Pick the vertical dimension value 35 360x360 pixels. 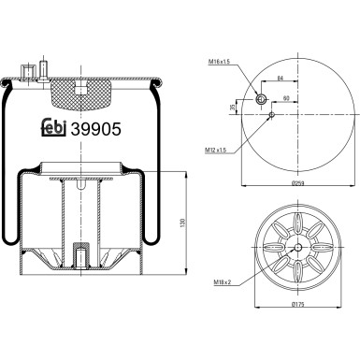(232, 107)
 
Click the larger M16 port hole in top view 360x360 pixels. (262, 99)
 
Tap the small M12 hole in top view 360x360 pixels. (272, 115)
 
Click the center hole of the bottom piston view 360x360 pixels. (297, 248)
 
